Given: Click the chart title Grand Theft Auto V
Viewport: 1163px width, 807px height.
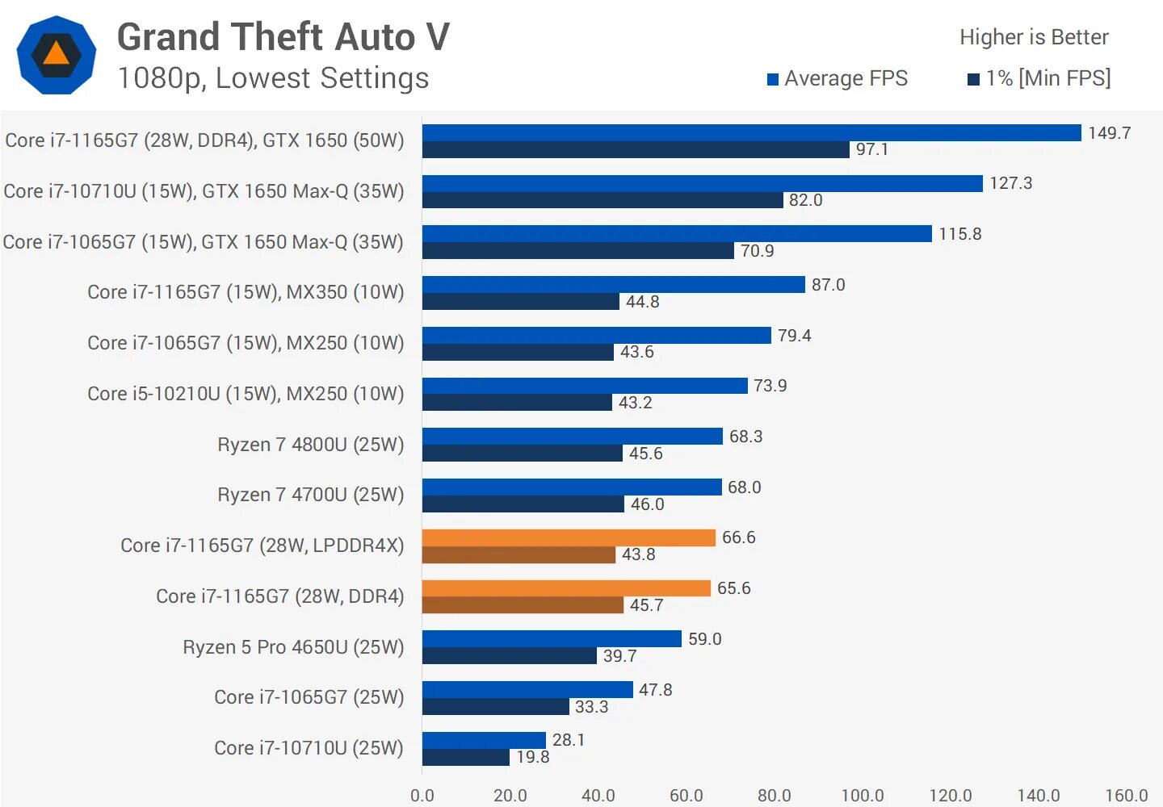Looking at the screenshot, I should pyautogui.click(x=283, y=37).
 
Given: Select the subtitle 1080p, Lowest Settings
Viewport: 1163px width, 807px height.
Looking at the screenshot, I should pyautogui.click(x=273, y=78).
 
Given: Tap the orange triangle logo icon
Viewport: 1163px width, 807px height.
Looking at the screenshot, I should pyautogui.click(x=57, y=55).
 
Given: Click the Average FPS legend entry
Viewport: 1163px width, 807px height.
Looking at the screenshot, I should pyautogui.click(x=838, y=78).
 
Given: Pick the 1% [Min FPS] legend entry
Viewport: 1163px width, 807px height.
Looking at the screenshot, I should pyautogui.click(x=1039, y=78).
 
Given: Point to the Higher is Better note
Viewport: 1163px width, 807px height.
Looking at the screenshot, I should pyautogui.click(x=1034, y=37).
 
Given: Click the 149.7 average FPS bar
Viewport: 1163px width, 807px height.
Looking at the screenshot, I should pyautogui.click(x=751, y=132).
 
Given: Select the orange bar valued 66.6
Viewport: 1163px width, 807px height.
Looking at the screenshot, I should pyautogui.click(x=569, y=537).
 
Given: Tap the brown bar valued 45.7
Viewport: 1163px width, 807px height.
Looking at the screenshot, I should pyautogui.click(x=523, y=605).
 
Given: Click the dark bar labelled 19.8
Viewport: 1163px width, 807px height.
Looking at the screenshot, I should pyautogui.click(x=466, y=757).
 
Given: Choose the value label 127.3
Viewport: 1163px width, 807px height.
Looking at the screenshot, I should pyautogui.click(x=1010, y=183).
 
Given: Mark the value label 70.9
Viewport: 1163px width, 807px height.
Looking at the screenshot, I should pyautogui.click(x=757, y=251).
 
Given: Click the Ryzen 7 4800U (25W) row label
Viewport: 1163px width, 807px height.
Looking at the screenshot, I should pyautogui.click(x=310, y=445).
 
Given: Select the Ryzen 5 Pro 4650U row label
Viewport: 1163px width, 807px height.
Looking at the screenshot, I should pyautogui.click(x=293, y=647).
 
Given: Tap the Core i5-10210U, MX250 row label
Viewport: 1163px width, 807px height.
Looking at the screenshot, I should pyautogui.click(x=246, y=394).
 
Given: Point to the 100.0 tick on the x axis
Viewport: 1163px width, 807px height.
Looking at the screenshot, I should pyautogui.click(x=862, y=796).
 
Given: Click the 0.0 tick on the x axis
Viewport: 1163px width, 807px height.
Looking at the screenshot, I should pyautogui.click(x=422, y=796).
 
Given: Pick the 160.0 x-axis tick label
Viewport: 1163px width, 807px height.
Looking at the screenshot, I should pyautogui.click(x=1126, y=796).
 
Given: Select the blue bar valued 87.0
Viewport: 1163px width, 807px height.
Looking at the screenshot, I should pyautogui.click(x=614, y=284).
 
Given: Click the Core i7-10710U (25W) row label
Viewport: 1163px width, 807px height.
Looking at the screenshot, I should pyautogui.click(x=309, y=748).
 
